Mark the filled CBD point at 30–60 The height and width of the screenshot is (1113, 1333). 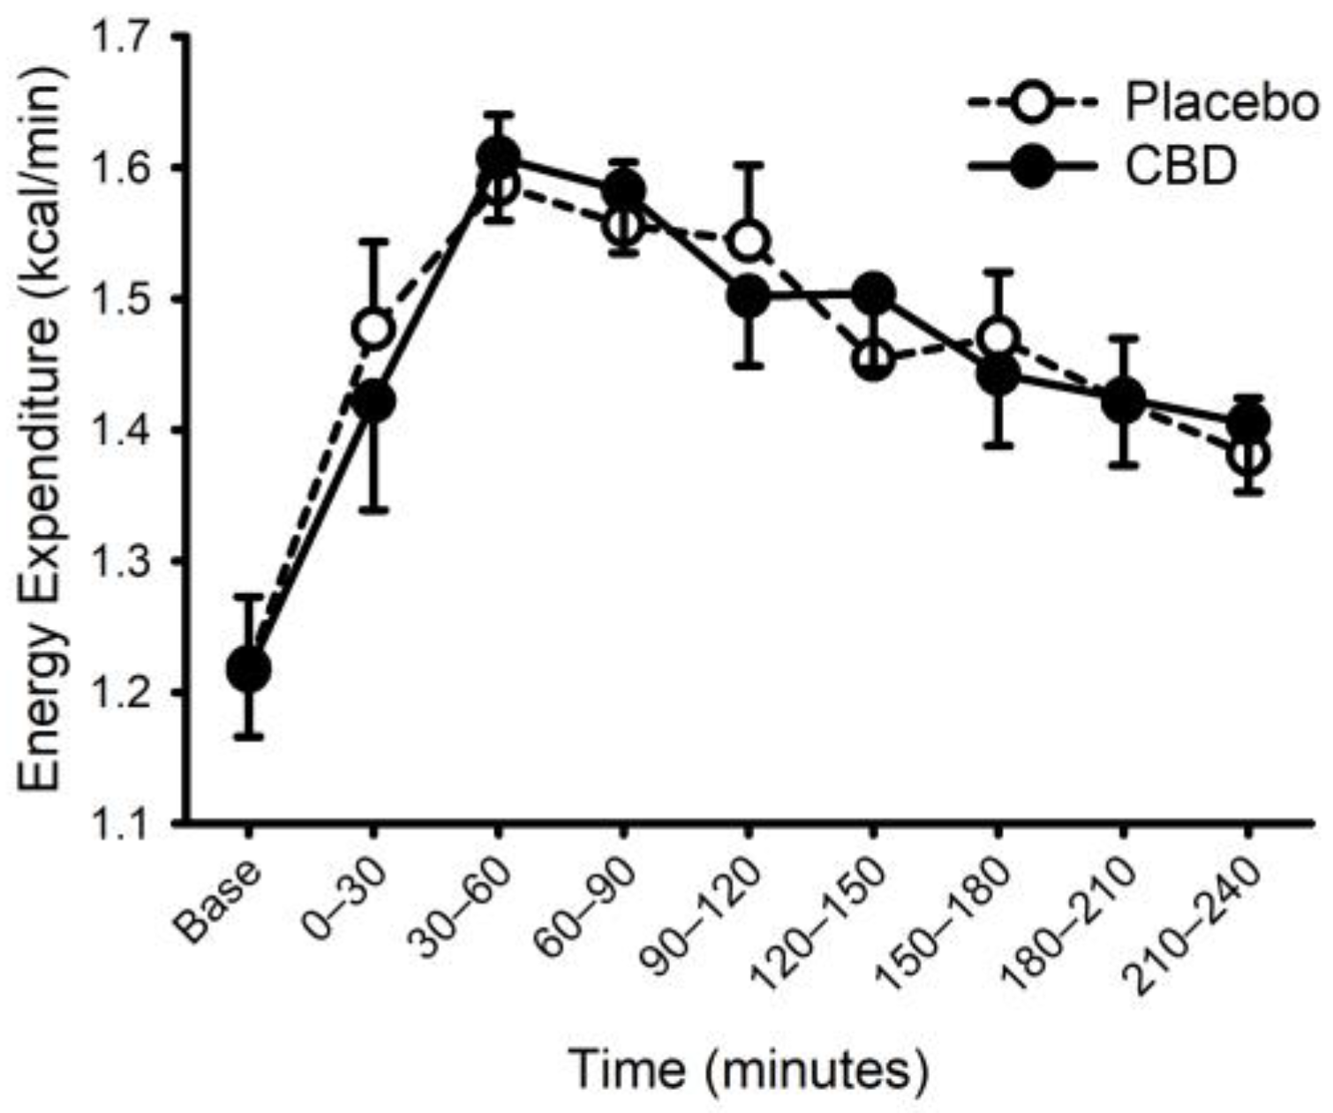pos(499,157)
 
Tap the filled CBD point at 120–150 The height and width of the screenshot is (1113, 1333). pos(874,293)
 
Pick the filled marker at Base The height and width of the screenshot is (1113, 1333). pos(249,669)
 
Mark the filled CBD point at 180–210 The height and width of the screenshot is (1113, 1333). pos(1123,400)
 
